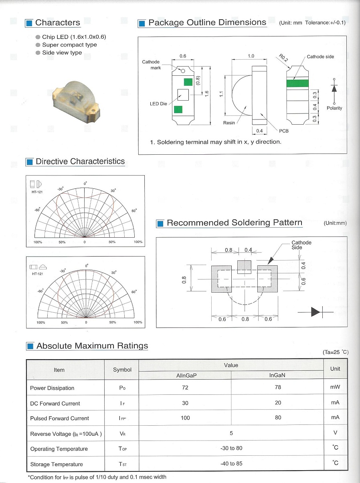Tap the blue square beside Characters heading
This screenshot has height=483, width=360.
[29, 23]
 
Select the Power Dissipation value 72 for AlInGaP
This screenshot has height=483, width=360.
[185, 388]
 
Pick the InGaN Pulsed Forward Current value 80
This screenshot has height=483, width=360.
[278, 418]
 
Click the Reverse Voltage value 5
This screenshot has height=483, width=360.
[231, 433]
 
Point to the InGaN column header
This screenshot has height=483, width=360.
[277, 376]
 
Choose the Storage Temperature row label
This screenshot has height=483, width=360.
[57, 464]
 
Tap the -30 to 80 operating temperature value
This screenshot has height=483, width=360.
[231, 448]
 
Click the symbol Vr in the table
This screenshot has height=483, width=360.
[122, 434]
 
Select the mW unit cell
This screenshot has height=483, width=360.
[335, 387]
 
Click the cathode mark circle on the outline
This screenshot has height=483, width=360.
[183, 71]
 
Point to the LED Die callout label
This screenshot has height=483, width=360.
[158, 104]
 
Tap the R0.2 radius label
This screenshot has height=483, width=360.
[283, 59]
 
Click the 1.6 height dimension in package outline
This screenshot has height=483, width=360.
[207, 93]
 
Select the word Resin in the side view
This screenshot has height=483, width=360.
[229, 123]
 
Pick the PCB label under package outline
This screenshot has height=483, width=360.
[284, 131]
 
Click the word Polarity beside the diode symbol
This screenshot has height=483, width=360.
[334, 108]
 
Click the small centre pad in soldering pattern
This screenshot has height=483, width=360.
[244, 267]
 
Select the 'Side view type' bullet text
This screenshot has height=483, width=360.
[62, 53]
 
